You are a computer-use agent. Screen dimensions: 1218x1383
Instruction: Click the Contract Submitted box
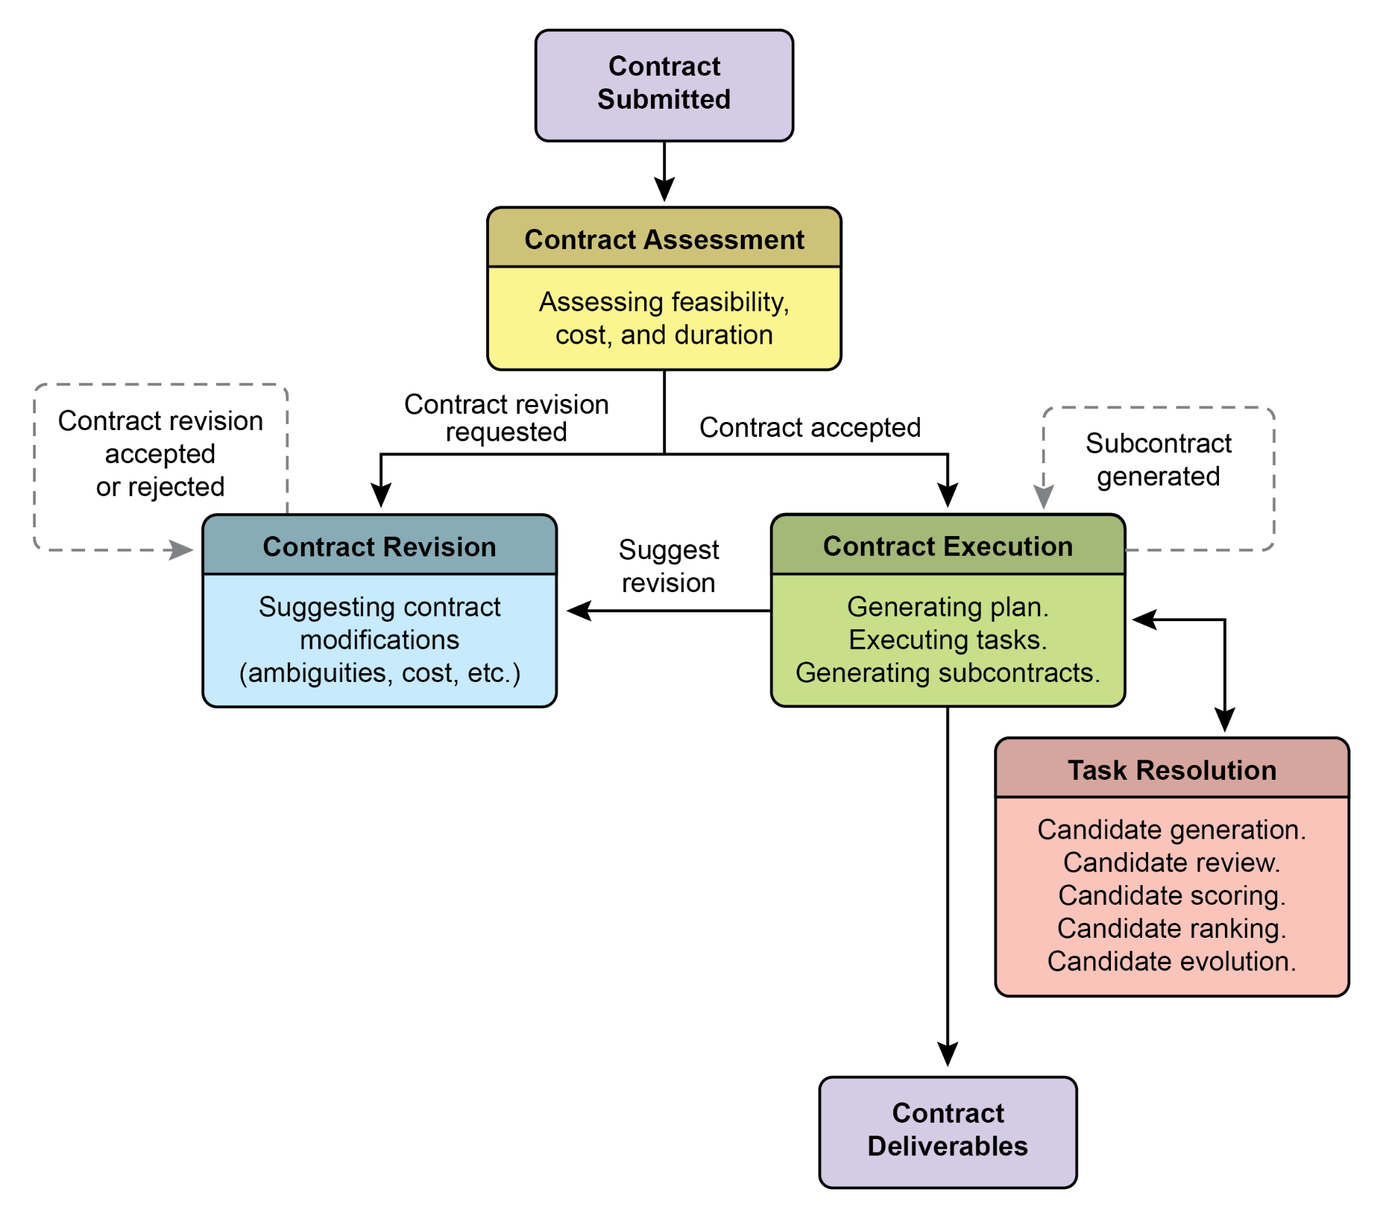click(x=664, y=85)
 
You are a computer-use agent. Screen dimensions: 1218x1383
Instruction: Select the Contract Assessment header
click(x=664, y=239)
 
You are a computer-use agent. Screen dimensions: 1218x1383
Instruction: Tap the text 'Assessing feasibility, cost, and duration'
click(x=664, y=318)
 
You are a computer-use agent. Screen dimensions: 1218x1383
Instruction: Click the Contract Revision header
click(x=379, y=546)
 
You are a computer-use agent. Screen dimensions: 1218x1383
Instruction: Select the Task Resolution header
click(x=1171, y=770)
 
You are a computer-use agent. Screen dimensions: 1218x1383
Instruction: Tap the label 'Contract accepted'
click(x=809, y=427)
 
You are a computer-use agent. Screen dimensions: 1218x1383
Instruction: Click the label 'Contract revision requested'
click(x=506, y=417)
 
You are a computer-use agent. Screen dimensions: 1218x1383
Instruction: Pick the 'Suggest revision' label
click(x=668, y=566)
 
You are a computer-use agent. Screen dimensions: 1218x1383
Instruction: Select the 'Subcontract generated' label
click(x=1157, y=460)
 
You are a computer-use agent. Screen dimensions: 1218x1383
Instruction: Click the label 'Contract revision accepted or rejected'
click(x=160, y=453)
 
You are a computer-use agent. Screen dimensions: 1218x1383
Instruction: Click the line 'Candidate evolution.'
click(x=1171, y=961)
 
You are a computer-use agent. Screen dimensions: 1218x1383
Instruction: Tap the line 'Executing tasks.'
click(x=947, y=639)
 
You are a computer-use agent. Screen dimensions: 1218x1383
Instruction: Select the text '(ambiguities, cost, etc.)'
click(x=379, y=672)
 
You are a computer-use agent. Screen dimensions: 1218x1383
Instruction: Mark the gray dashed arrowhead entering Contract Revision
click(x=180, y=550)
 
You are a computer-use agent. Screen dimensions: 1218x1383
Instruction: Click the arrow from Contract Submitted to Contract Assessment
click(x=664, y=173)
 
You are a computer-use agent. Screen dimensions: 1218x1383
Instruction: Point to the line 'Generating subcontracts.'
click(x=947, y=672)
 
